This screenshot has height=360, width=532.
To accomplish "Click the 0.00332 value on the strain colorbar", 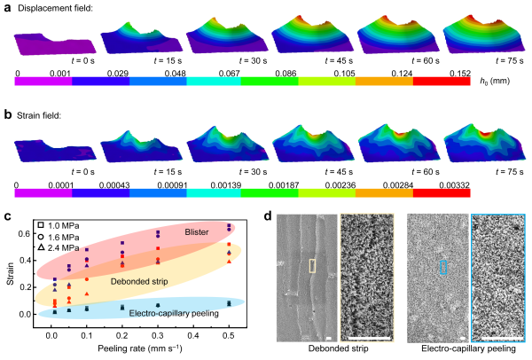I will point(458,186).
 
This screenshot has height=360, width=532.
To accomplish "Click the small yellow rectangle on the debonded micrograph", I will point(311,265).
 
